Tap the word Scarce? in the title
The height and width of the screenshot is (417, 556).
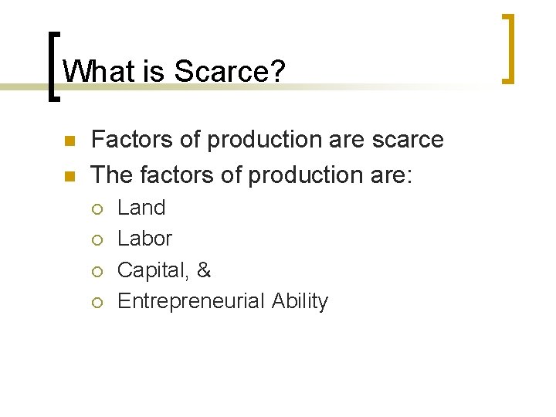[x=230, y=72]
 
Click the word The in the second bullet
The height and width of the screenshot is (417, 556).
[x=111, y=175]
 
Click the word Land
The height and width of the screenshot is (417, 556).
[x=141, y=208]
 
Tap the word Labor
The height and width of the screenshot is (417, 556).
[x=144, y=239]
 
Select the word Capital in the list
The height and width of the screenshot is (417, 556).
[x=151, y=270]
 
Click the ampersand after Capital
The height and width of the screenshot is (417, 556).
[x=204, y=270]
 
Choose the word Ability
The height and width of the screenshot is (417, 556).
[x=300, y=301]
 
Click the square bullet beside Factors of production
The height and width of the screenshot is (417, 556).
[x=69, y=141]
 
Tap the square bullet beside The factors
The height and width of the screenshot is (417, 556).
[x=69, y=176]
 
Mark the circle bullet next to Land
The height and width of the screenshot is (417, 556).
[x=97, y=208]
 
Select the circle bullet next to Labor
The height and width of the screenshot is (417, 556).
[x=97, y=239]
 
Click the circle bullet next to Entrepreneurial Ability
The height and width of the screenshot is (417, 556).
[x=97, y=302]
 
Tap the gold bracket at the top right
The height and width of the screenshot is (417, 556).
[x=509, y=48]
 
